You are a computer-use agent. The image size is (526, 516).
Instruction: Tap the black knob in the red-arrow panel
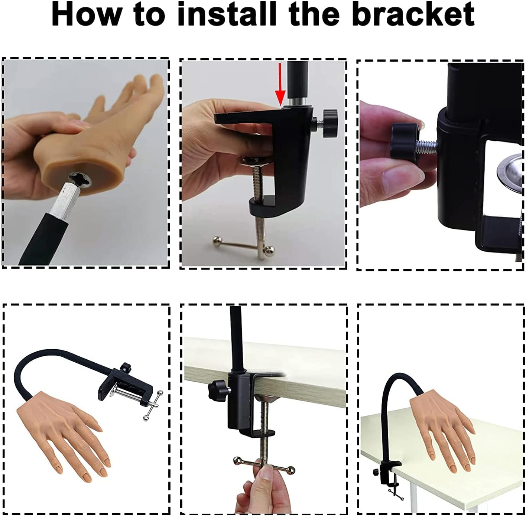coord(329,123)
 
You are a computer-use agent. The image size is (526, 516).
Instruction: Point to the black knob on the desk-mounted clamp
coord(220,390)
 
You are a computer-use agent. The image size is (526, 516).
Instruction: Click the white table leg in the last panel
coord(415,498)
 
